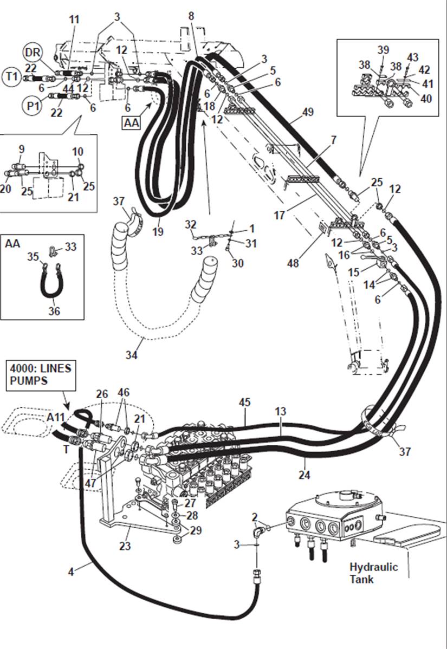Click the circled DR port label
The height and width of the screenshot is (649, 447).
pyautogui.click(x=33, y=53)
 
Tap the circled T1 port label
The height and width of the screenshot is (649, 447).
pyautogui.click(x=12, y=76)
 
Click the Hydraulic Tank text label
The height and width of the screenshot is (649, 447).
pyautogui.click(x=373, y=573)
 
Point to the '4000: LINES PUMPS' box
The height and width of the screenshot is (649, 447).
pyautogui.click(x=40, y=375)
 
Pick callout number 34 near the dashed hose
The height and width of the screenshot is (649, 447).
pyautogui.click(x=132, y=355)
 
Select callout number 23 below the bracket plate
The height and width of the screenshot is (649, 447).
pyautogui.click(x=125, y=546)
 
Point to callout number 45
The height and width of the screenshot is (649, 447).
pyautogui.click(x=245, y=403)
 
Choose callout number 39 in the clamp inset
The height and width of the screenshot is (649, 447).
pyautogui.click(x=383, y=50)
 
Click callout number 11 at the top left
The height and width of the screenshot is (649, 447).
pyautogui.click(x=74, y=20)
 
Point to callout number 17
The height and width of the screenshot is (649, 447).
pyautogui.click(x=280, y=215)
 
